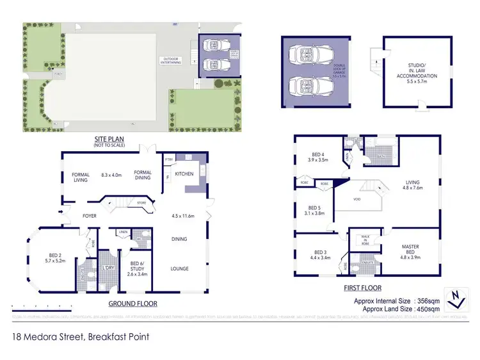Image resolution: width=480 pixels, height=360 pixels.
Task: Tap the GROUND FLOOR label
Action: click(132, 303)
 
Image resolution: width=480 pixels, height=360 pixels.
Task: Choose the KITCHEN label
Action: click(185, 174)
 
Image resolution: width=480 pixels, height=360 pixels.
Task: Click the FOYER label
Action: click(89, 216)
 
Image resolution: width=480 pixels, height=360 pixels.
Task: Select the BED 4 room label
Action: click(318, 157)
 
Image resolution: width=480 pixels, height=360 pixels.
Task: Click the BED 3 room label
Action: click(319, 254)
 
